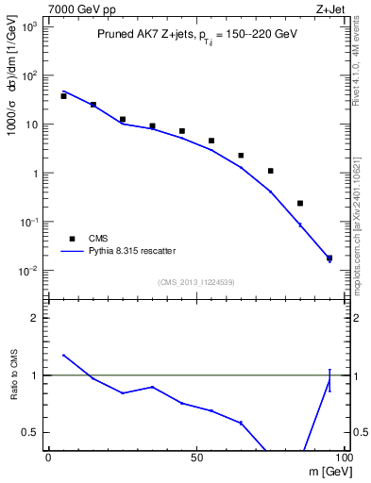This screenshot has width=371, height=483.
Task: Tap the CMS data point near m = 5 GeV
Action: [63, 96]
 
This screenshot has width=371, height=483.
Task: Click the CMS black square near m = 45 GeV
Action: [182, 131]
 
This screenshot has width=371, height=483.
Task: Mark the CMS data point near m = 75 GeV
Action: [270, 171]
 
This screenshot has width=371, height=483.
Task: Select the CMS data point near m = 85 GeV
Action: [300, 203]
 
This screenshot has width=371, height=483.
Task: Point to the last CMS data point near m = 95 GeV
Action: [329, 258]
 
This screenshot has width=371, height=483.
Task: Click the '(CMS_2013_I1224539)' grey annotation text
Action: [196, 281]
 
